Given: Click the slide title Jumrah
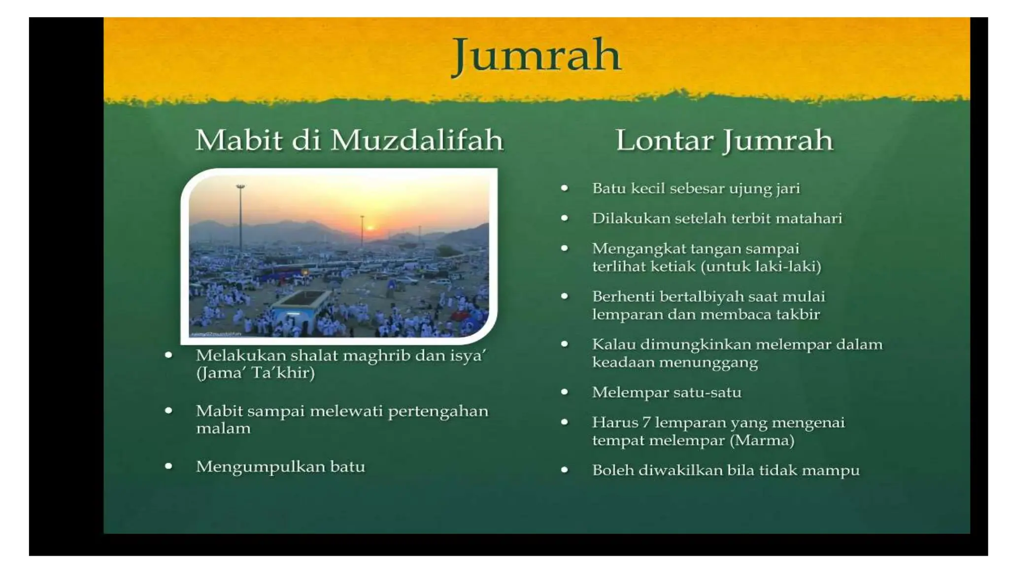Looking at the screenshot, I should pos(536,56).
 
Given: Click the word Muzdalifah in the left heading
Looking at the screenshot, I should pos(417,141).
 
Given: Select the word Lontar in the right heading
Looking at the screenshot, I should pos(664,141).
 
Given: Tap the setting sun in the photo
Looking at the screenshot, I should pos(370,228).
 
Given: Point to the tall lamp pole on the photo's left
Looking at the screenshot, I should pos(240,217).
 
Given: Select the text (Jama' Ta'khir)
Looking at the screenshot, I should pos(255,373).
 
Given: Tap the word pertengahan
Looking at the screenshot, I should pos(438,411).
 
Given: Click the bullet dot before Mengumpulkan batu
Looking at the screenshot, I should pos(169,466).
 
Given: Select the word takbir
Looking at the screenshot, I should pos(797,315).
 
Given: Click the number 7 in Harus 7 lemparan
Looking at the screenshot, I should pos(646,423).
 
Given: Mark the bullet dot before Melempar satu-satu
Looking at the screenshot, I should pos(565,392).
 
